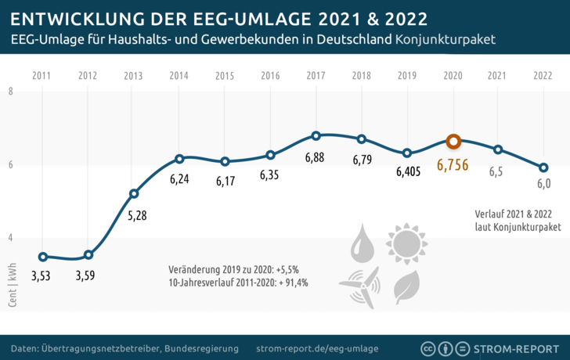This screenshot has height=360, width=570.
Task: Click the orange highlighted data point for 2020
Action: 453,142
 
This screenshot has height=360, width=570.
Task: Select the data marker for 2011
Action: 42,257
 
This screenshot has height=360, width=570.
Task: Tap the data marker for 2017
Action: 316,135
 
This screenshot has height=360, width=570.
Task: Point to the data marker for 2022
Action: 543,167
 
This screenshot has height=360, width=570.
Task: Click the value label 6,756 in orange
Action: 453,165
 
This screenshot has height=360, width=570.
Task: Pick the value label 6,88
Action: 316,158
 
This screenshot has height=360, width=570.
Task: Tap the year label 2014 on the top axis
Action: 179,76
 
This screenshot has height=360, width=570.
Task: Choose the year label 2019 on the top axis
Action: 407,76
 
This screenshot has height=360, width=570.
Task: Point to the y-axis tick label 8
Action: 11,92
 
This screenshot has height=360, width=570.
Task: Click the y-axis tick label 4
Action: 11,238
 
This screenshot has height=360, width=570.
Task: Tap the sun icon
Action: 406,243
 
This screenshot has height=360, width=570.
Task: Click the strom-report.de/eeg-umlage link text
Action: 317,347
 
